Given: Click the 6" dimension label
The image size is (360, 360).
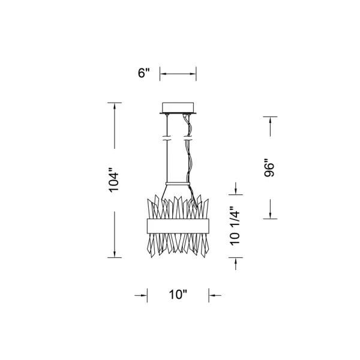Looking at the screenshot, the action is [x=144, y=73].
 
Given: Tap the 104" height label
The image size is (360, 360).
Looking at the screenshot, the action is [x=113, y=180].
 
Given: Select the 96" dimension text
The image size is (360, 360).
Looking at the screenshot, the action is [x=269, y=167].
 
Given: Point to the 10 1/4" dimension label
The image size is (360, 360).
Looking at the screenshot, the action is [x=235, y=226].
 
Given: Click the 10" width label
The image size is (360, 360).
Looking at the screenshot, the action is [x=178, y=295].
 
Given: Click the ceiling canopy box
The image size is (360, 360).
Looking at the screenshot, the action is [x=178, y=107].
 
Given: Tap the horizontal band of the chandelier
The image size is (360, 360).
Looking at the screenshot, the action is [x=178, y=226].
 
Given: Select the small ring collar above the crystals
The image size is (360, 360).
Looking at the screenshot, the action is [x=178, y=184].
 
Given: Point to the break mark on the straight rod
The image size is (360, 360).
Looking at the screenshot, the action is [x=167, y=139].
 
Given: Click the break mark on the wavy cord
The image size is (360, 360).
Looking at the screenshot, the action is [x=188, y=139].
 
